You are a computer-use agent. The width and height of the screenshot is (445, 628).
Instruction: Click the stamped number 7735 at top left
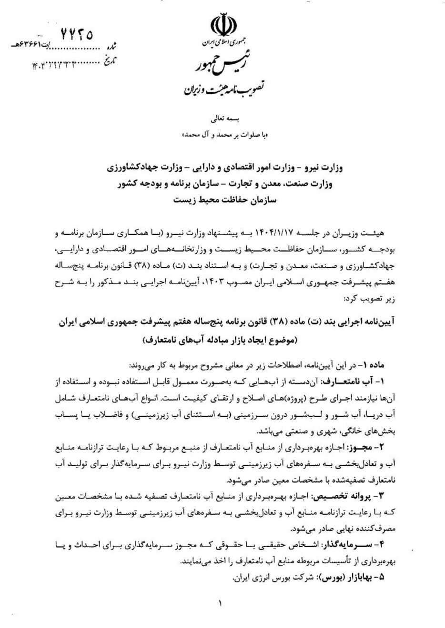[x=76, y=34]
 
